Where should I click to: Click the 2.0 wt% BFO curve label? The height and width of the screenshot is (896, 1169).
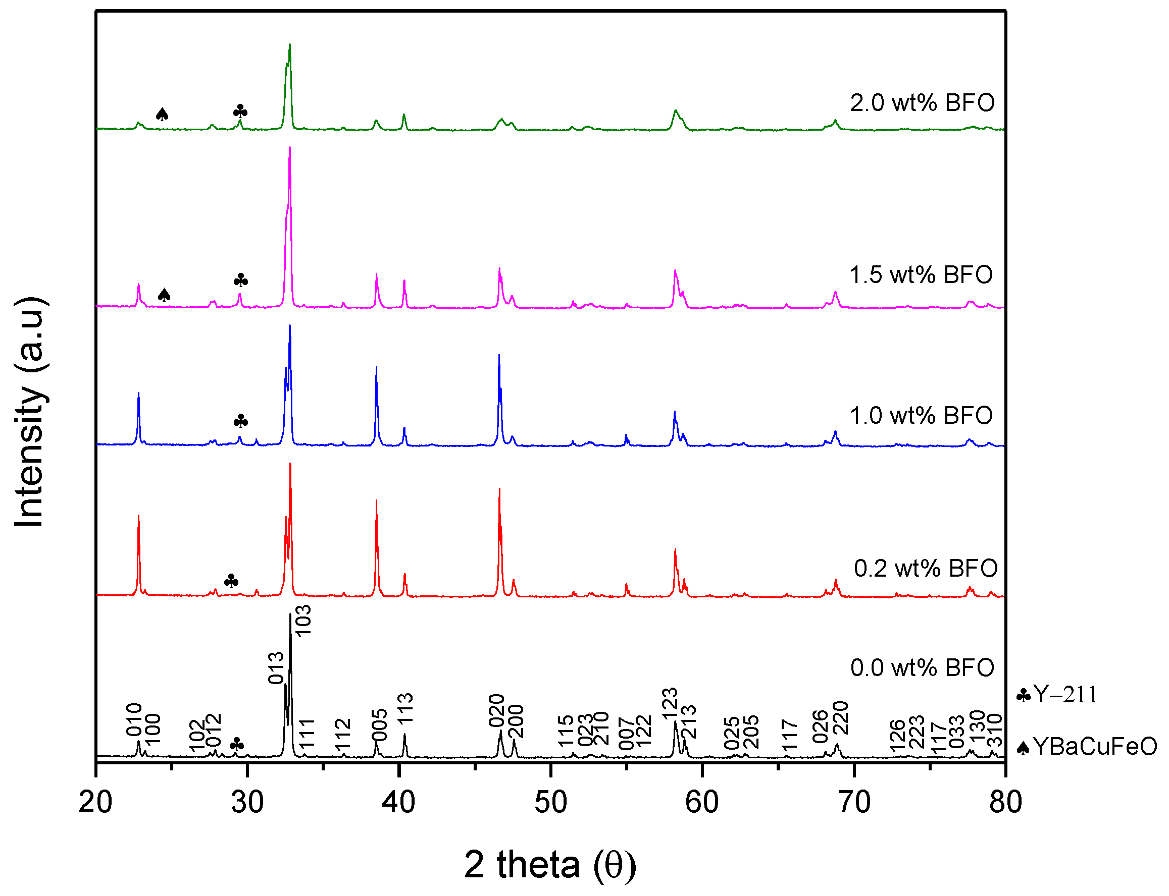click(x=922, y=103)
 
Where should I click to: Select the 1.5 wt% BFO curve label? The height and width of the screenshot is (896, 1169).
click(x=921, y=275)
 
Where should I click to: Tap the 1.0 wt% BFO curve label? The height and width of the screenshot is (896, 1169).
click(x=921, y=416)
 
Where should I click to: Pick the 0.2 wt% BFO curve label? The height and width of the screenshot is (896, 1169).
click(x=926, y=569)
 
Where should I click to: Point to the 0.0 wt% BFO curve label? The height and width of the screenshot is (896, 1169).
click(x=922, y=668)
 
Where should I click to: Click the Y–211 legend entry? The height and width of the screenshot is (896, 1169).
click(x=1057, y=695)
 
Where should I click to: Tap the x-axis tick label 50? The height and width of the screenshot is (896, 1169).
click(x=550, y=803)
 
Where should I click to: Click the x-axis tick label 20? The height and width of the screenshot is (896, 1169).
click(x=95, y=803)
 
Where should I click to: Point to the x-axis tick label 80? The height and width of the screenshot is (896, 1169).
click(x=1005, y=803)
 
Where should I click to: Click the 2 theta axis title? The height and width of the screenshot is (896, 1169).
click(x=550, y=865)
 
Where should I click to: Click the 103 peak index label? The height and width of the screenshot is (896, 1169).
click(x=302, y=621)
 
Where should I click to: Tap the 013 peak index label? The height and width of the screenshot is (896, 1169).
click(x=276, y=668)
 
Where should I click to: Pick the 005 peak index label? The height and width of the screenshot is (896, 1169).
click(x=379, y=725)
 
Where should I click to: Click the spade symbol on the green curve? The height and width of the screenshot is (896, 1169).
click(x=162, y=114)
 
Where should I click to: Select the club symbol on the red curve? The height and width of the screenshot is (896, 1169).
click(x=231, y=581)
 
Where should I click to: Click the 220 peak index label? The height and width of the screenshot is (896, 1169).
click(x=840, y=718)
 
